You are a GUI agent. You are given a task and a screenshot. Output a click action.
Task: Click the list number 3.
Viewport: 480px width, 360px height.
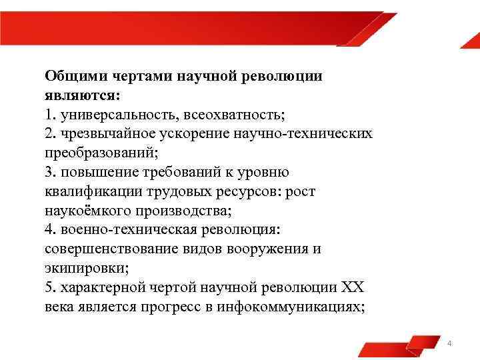coord(49,172)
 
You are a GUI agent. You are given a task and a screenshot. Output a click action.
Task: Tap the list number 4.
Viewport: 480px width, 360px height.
coord(49,230)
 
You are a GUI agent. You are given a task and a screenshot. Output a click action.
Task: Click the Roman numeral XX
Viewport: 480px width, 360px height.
coord(353,288)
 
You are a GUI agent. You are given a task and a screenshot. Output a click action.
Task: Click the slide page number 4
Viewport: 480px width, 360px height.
coord(450,343)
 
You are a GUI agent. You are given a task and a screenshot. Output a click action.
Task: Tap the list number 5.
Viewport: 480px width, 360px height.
coord(49,288)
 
